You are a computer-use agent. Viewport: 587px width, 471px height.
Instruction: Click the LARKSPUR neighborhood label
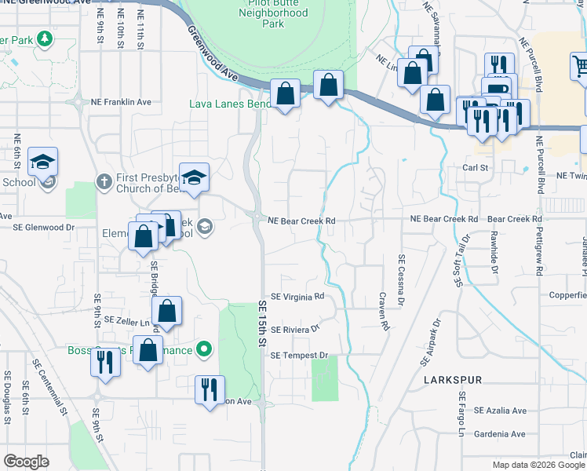[x=451, y=379]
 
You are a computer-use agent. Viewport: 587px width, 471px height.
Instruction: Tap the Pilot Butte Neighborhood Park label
[x=272, y=13]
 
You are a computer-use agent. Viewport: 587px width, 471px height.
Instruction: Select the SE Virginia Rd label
[x=297, y=297]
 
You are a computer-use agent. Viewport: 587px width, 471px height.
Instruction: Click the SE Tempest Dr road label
[x=299, y=356]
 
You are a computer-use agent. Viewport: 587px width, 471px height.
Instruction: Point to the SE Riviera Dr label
[x=297, y=330]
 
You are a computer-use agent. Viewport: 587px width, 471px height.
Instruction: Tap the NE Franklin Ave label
[x=121, y=102]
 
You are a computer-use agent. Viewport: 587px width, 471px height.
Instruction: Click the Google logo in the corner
[x=26, y=462]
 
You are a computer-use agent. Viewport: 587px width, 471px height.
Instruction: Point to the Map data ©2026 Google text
[x=539, y=465]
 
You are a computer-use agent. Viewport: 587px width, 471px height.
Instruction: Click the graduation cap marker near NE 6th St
[x=43, y=162]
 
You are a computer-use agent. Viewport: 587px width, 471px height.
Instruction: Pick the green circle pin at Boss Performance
[x=205, y=349]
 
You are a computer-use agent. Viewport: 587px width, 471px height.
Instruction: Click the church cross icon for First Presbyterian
[x=104, y=181]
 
